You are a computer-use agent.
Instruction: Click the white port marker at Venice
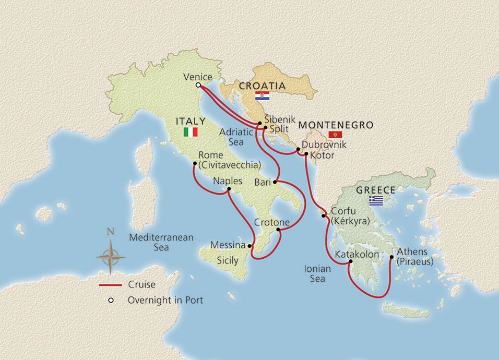198,85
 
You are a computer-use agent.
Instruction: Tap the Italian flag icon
191,132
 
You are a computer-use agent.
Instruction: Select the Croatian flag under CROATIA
262,96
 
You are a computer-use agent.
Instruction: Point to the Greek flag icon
376,200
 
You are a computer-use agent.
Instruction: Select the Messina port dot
249,245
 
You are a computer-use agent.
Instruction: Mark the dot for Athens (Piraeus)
391,257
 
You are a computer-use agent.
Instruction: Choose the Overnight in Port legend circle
111,301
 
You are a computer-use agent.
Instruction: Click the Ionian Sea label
317,274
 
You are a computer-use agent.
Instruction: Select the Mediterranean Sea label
161,242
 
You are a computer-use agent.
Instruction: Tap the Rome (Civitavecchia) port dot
194,163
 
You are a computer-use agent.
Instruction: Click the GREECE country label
375,190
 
